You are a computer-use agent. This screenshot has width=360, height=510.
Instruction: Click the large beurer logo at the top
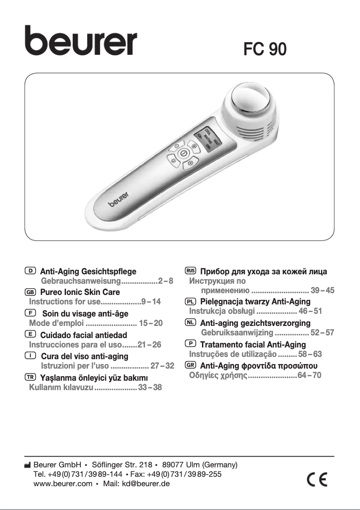click(x=81, y=41)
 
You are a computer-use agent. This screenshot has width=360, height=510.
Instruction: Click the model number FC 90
click(x=264, y=49)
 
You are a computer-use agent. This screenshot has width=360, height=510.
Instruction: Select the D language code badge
click(x=31, y=271)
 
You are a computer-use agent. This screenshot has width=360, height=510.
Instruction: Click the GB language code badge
click(x=31, y=292)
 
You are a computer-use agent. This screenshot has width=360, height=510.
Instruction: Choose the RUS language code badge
click(x=190, y=271)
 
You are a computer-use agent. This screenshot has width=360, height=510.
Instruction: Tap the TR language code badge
click(x=31, y=376)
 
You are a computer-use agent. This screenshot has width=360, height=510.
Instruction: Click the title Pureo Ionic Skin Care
click(x=80, y=292)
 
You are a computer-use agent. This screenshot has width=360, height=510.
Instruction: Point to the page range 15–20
click(x=151, y=323)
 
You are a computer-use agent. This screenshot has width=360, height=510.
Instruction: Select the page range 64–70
click(x=310, y=375)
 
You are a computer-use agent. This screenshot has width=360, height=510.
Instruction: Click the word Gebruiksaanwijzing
click(x=237, y=333)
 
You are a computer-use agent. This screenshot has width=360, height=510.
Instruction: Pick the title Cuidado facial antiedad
click(x=83, y=335)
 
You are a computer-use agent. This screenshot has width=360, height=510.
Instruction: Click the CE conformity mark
click(x=317, y=480)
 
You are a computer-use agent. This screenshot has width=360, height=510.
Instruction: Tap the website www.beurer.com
click(x=63, y=484)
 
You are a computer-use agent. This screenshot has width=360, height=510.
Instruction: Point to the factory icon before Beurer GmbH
click(x=27, y=465)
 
